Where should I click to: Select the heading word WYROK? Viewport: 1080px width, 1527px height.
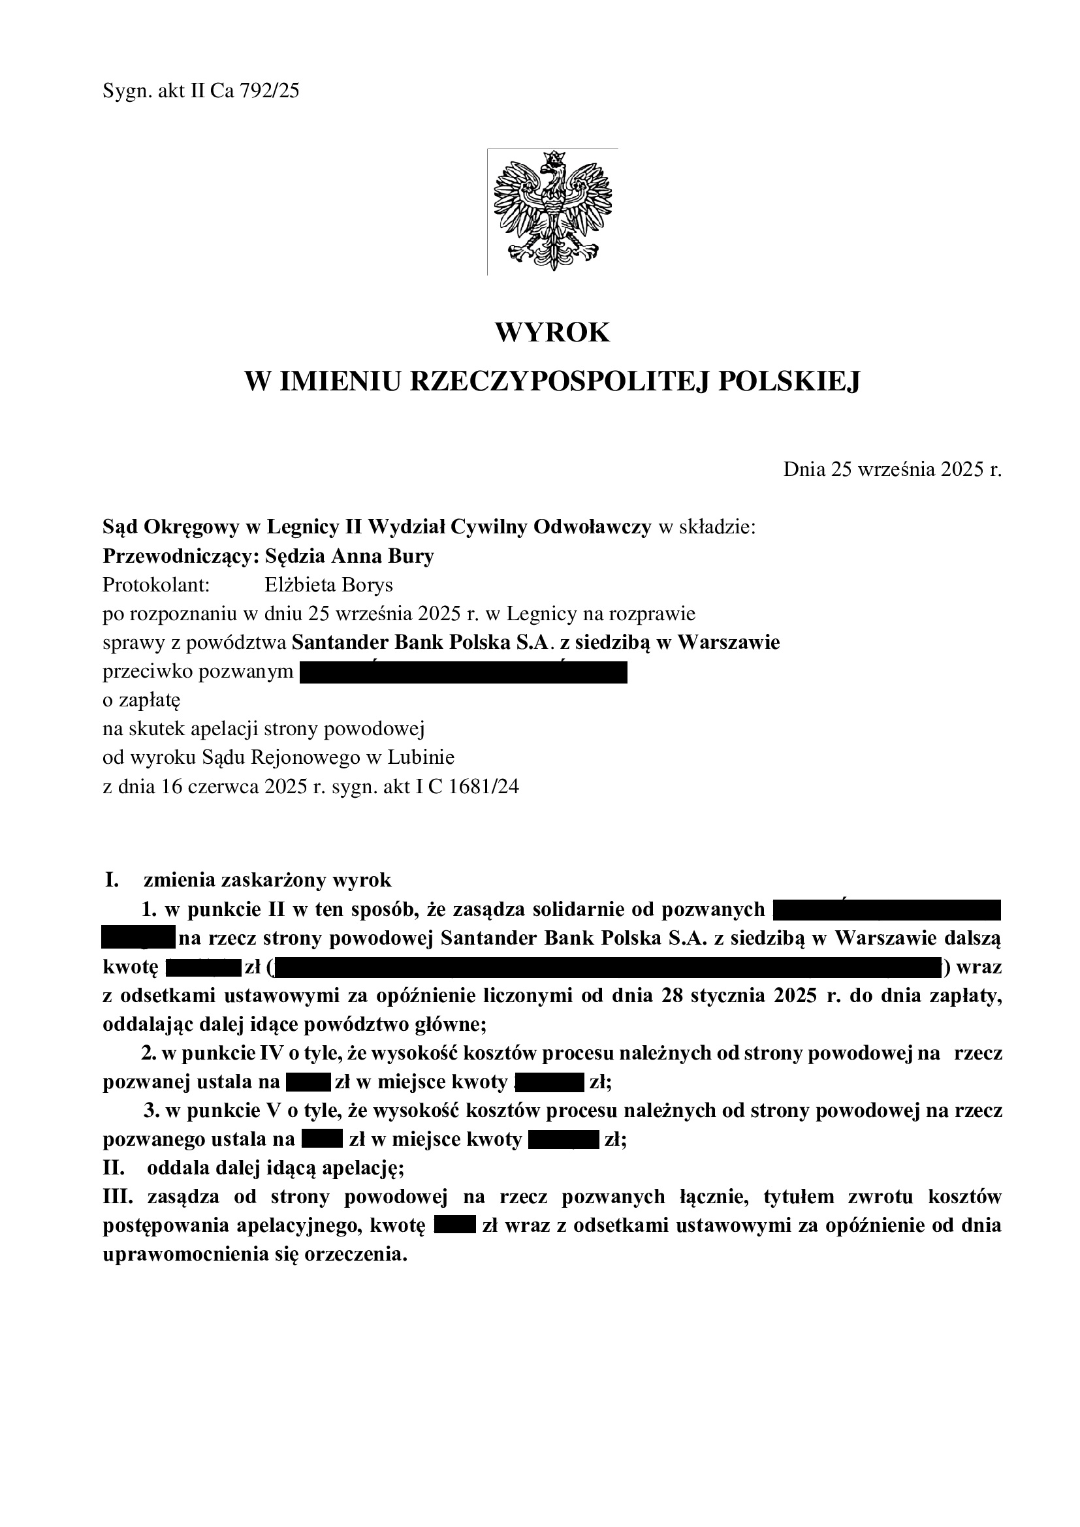click(552, 332)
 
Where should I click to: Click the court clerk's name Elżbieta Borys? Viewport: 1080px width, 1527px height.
click(328, 585)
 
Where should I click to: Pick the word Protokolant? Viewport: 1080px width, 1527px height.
click(156, 585)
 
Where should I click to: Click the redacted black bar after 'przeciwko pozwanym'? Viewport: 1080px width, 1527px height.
click(464, 672)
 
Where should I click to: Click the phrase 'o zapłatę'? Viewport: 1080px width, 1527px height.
click(141, 701)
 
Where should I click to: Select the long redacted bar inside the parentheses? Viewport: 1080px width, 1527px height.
click(607, 968)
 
